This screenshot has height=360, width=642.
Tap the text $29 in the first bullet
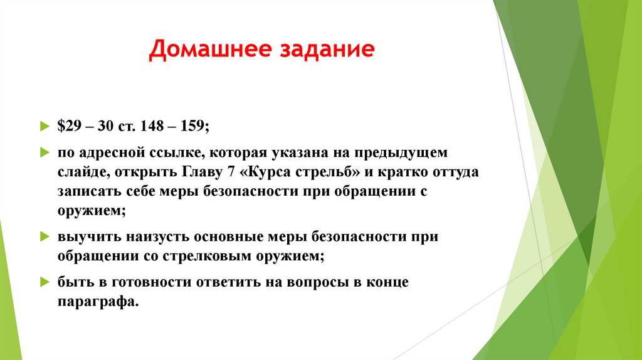click(x=70, y=126)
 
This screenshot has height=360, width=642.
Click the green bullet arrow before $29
click(x=43, y=126)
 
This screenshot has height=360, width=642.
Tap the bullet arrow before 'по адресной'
click(x=43, y=152)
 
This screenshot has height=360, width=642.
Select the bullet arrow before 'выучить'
click(x=43, y=236)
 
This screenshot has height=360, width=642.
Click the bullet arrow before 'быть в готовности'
click(x=43, y=282)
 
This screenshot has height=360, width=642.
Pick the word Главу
click(x=204, y=172)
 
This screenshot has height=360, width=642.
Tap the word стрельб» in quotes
click(x=322, y=172)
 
